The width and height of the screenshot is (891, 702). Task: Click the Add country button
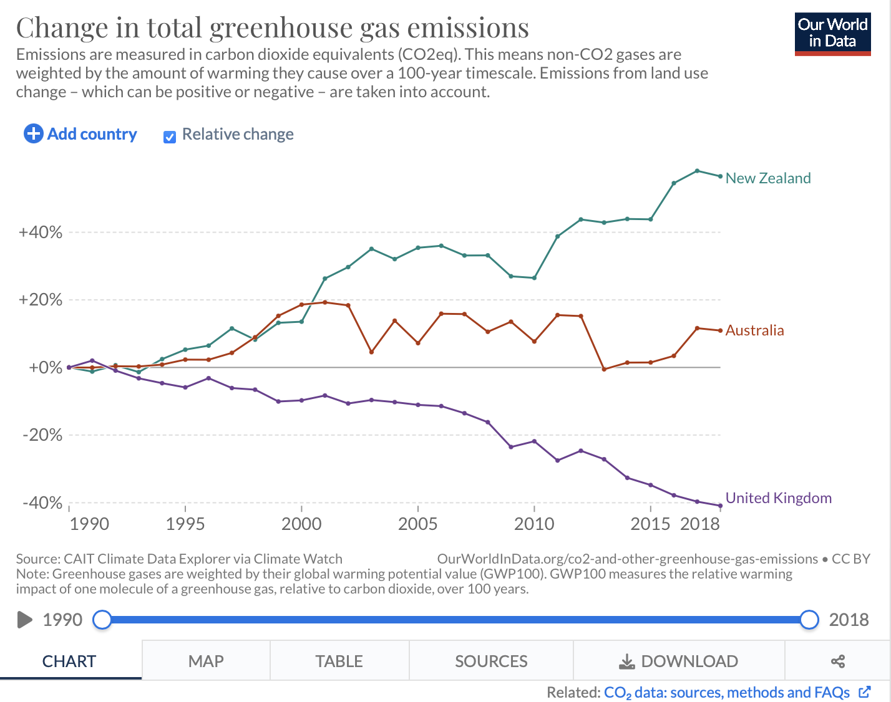point(80,134)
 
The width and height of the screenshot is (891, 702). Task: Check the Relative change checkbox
point(170,137)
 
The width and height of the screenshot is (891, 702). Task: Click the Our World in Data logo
point(832,34)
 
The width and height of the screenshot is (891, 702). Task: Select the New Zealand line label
point(767,178)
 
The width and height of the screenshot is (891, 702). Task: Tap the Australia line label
point(754,330)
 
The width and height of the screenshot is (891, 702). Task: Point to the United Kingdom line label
point(778,498)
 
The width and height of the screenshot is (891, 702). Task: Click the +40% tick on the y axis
point(41,233)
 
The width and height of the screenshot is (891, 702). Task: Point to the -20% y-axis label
point(42,435)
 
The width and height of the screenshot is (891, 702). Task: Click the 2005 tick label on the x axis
point(417,524)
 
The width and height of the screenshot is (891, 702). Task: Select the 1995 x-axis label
point(185,524)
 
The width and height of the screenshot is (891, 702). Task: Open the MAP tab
point(206,661)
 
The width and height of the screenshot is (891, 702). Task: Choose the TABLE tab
point(339,661)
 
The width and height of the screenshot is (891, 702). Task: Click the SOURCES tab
point(491,661)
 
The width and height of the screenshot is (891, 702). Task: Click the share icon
point(837,661)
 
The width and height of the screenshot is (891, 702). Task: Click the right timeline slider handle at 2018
point(809,620)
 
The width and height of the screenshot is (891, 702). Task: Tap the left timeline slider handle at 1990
point(102,620)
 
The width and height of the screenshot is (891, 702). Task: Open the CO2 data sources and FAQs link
point(727,693)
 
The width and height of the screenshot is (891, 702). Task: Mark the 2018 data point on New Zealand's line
point(720,176)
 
